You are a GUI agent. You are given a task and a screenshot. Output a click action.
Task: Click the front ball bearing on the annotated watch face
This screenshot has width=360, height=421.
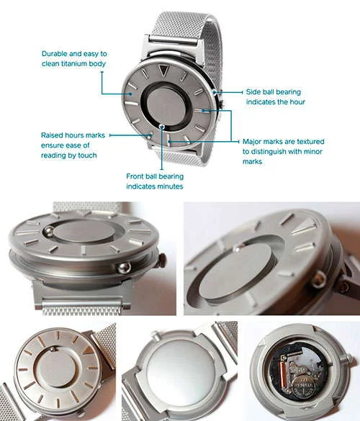[x=163, y=127]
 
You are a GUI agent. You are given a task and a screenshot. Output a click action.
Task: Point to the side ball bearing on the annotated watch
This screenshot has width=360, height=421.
[x=217, y=91]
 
